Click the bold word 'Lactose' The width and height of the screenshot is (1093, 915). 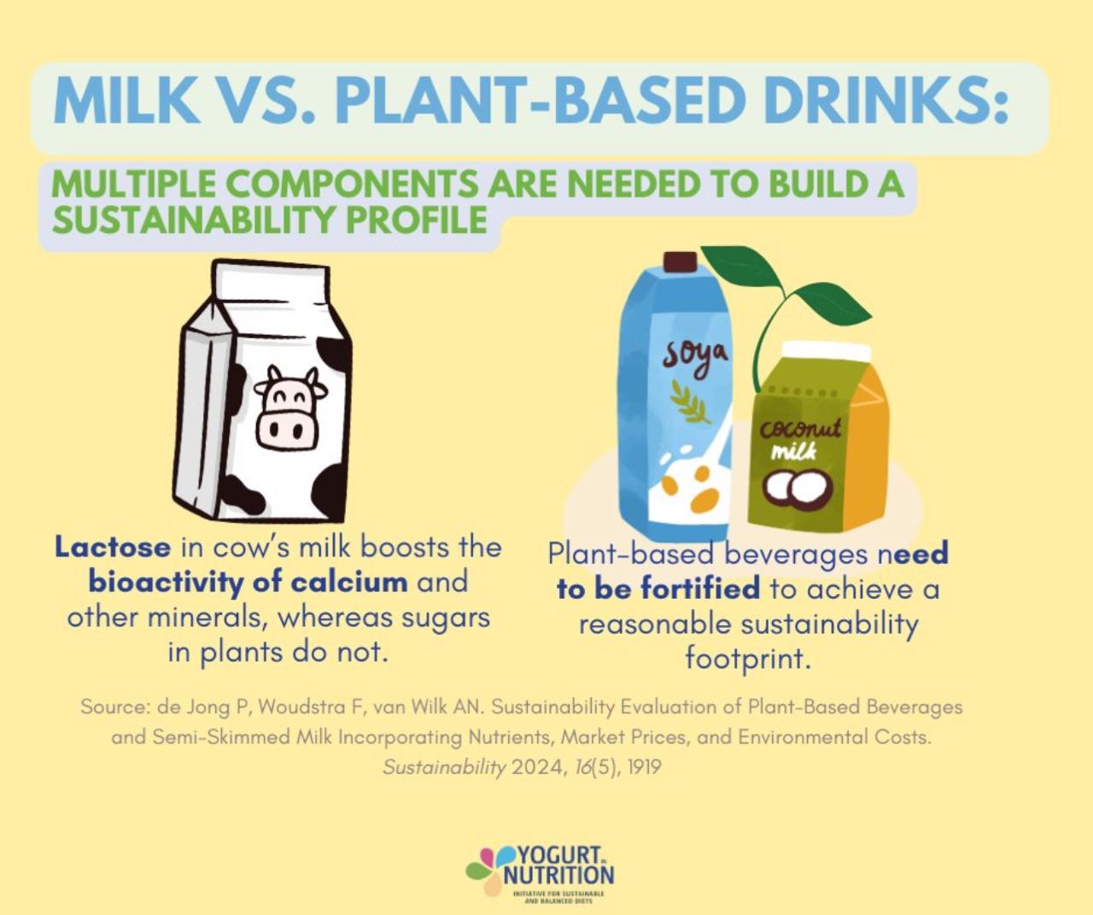tap(113, 547)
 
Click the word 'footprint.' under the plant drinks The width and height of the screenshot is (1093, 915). tap(747, 659)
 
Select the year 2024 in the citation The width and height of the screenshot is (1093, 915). tap(535, 767)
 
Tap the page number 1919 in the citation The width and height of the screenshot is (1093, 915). tap(643, 767)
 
